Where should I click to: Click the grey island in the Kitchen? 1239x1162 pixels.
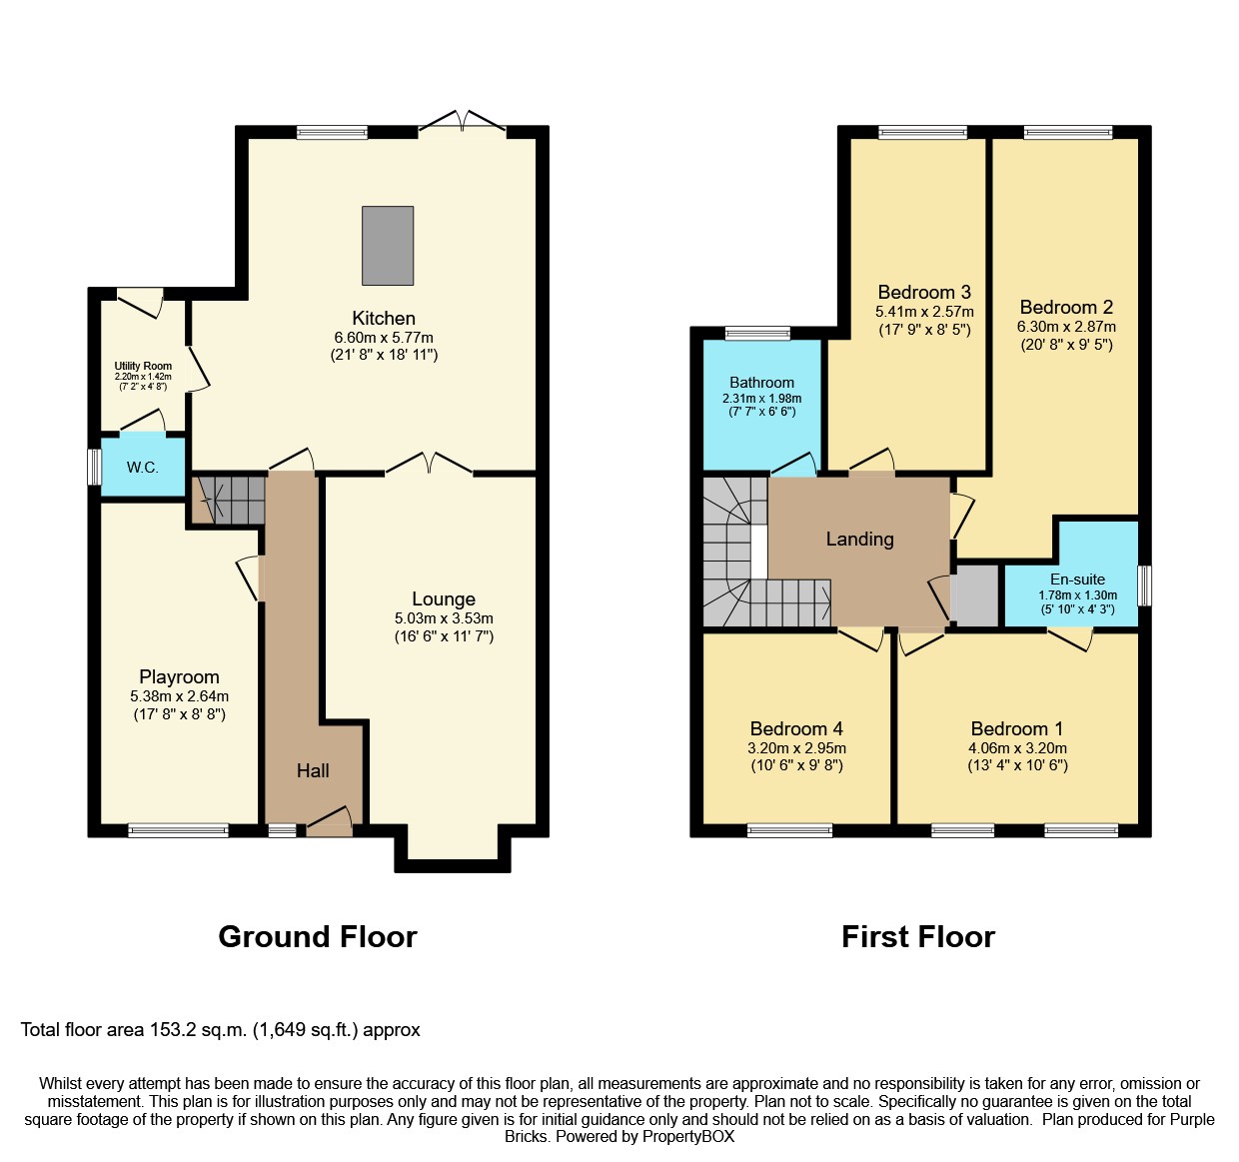388,245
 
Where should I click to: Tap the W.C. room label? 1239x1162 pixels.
142,468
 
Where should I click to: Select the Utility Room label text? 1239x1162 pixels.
143,367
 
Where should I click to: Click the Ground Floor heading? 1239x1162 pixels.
318,937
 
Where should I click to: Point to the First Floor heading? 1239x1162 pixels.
917,937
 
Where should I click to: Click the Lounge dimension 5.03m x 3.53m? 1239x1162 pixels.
444,618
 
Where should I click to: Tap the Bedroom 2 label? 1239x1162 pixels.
1066,307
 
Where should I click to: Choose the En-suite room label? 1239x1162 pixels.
1077,580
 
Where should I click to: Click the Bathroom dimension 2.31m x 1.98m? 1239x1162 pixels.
761,398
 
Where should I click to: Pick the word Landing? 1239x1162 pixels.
859,540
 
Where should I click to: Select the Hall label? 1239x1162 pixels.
313,770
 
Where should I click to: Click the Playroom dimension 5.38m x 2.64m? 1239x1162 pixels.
179,695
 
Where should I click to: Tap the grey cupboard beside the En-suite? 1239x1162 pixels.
974,595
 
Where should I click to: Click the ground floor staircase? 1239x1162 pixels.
229,500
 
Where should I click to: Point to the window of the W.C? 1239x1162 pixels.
94,467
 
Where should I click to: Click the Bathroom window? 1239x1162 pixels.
757,334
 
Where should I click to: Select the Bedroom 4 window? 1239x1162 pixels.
789,830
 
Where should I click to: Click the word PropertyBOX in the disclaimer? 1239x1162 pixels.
688,1136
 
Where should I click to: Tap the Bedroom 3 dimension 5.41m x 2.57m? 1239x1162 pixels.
924,312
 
